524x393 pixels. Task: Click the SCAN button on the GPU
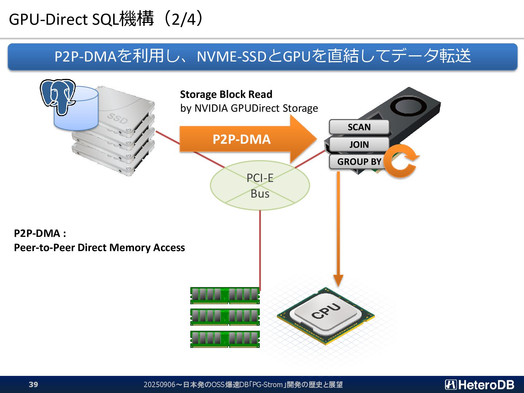[x=359, y=127]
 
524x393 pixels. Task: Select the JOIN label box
[x=359, y=144]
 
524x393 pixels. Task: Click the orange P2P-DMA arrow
[x=248, y=139]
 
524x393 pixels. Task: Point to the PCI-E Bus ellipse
[x=260, y=186]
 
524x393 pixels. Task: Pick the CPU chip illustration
[x=326, y=315]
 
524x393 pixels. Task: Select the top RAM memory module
[x=225, y=295]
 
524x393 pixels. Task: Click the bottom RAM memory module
[x=225, y=339]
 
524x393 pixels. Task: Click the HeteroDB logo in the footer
[x=479, y=385]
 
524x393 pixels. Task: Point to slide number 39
[x=33, y=384]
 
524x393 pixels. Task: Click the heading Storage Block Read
[x=226, y=94]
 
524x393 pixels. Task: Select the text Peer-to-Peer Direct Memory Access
[x=99, y=247]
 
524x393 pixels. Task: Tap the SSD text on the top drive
[x=117, y=118]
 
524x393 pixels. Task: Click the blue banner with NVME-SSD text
[x=263, y=57]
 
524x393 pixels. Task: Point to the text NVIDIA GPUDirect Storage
[x=257, y=108]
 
